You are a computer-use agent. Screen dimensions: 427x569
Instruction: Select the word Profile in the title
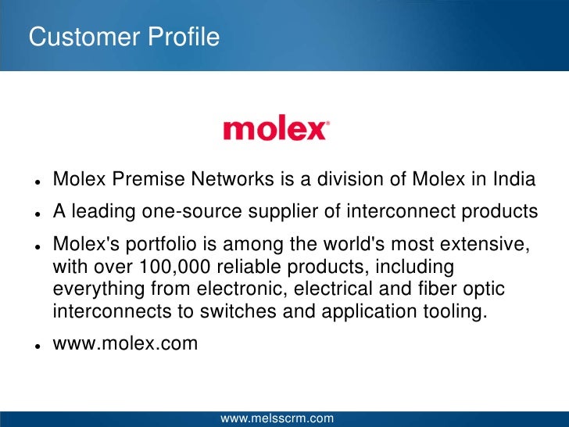point(183,37)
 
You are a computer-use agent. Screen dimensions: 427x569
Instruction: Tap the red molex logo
point(274,129)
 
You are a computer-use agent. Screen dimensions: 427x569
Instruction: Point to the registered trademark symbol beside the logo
point(327,124)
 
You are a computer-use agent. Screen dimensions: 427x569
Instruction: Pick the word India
point(514,180)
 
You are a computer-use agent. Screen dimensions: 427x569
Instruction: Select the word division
point(349,180)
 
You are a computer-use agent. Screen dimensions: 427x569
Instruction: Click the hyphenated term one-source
point(195,212)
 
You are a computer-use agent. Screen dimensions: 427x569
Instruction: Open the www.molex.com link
point(125,343)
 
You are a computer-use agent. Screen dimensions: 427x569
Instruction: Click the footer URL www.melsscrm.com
point(277,418)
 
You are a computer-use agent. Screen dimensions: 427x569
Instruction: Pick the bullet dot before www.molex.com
point(37,344)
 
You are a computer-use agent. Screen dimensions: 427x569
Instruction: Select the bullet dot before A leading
point(37,213)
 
